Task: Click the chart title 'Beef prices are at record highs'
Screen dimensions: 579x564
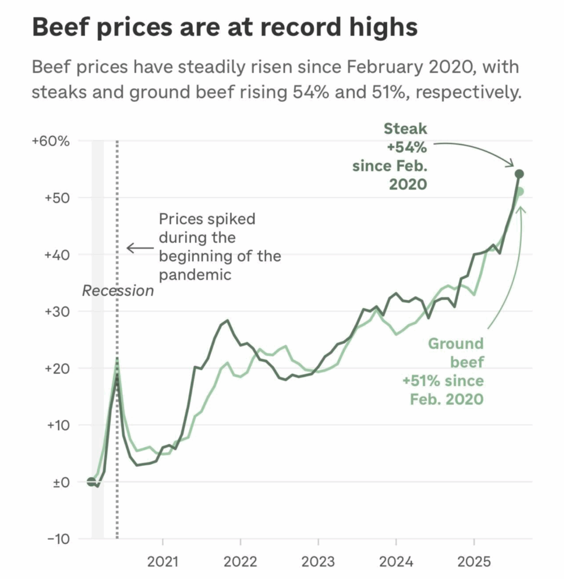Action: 225,27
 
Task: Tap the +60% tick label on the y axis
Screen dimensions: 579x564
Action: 51,141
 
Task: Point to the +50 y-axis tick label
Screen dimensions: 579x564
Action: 55,198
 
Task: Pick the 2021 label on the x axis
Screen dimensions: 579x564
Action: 163,562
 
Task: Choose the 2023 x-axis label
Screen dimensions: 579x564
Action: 318,562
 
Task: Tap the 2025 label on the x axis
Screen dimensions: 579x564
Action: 474,562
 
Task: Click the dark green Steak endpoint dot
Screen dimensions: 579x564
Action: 519,174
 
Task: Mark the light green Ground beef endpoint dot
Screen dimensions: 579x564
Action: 520,192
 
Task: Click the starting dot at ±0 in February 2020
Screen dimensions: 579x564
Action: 92,482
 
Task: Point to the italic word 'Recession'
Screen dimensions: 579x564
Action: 118,291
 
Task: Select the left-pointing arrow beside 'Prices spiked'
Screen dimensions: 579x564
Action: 139,248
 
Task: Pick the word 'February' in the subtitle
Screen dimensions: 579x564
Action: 371,67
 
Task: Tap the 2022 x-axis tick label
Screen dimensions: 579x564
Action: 240,562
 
